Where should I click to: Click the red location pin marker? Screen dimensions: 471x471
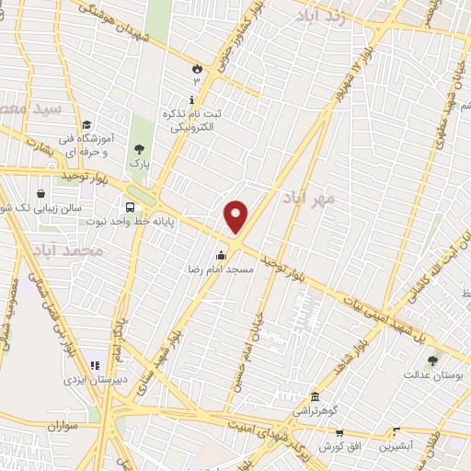click(236, 216)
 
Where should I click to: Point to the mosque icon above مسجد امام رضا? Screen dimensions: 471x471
click(221, 256)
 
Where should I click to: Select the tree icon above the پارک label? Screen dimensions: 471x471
click(139, 148)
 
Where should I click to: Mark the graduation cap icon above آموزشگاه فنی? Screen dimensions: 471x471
click(86, 125)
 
